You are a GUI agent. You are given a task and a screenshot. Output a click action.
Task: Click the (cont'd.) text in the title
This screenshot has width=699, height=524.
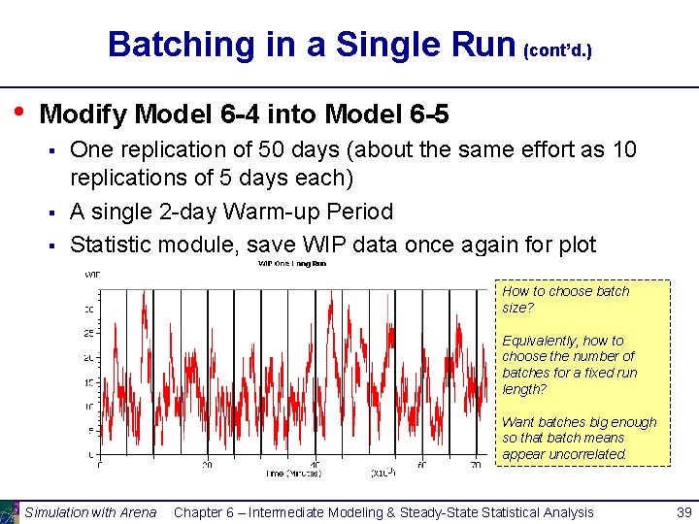[x=557, y=49]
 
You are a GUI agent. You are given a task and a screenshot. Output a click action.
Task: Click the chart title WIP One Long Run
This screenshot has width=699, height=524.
[x=291, y=263]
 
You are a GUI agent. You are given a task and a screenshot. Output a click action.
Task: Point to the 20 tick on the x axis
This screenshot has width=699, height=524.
[x=207, y=465]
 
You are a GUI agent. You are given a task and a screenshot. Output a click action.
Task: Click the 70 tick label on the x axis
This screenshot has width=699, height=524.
[x=476, y=465]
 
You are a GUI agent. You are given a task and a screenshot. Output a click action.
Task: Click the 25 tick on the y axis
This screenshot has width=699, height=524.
[x=88, y=333]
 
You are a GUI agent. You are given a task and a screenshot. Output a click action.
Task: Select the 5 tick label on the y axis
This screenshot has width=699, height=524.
[x=91, y=430]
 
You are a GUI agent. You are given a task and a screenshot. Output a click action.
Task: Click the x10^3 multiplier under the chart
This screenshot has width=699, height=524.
[x=383, y=473]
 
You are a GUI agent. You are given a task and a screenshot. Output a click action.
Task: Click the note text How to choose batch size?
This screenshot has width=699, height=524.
[x=565, y=299]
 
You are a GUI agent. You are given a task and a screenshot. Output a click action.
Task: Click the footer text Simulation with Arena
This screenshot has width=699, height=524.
[x=89, y=511]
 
